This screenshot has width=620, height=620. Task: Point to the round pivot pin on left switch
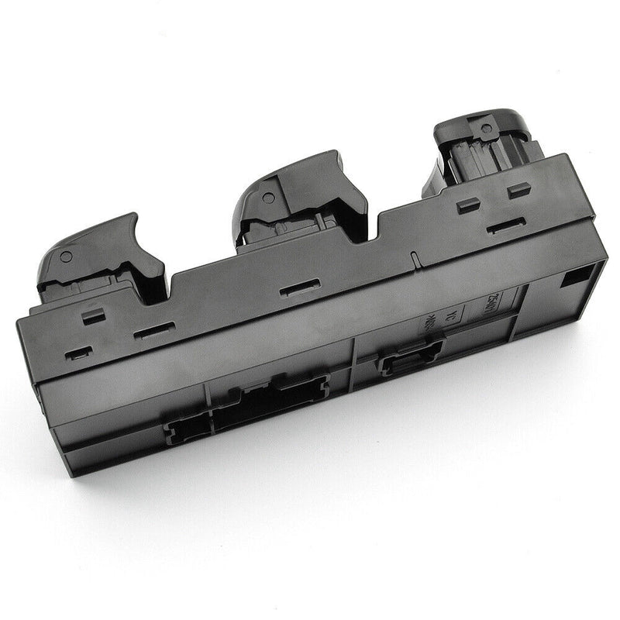coord(66,257)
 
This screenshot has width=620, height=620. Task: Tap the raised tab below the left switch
coord(94,315)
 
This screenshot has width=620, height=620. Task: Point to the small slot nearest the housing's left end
coord(78,353)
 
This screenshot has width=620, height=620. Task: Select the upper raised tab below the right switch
coord(518,190)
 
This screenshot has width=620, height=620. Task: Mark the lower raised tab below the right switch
coord(468,205)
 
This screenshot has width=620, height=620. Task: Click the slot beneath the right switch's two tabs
coord(506,226)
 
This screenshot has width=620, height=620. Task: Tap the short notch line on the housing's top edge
coord(415,260)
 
